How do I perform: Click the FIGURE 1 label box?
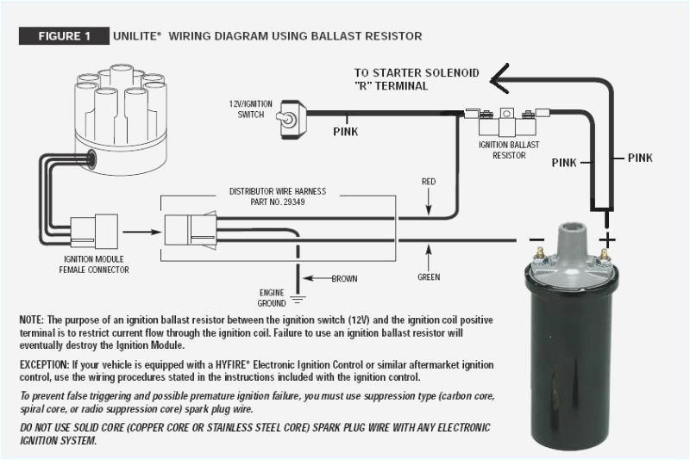pos(64,36)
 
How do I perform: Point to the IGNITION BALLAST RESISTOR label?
pos(509,151)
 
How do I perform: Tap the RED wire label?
pos(428,182)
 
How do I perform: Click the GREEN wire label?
pos(429,277)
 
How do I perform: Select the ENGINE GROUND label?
pos(272,297)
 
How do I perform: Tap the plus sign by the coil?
pos(609,238)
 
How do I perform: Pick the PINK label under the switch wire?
pos(345,132)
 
